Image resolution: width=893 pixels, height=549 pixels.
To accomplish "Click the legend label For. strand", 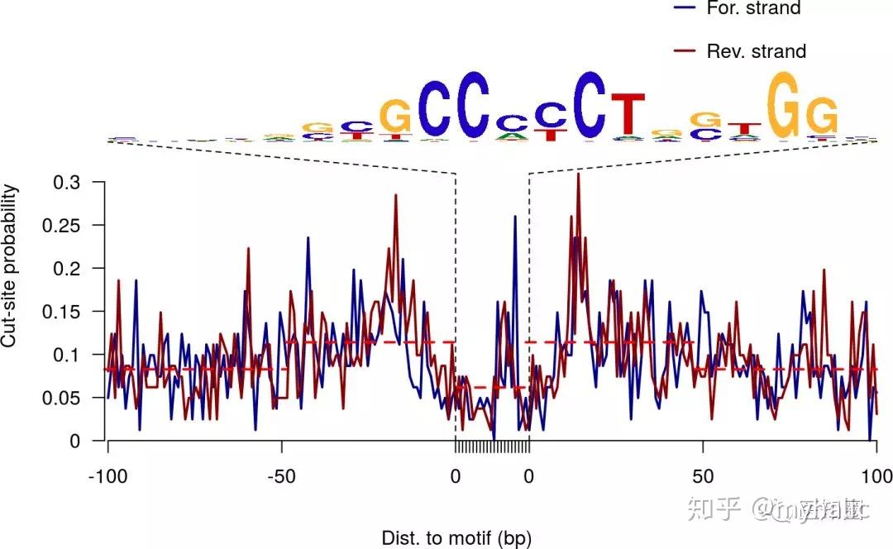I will pos(753,8).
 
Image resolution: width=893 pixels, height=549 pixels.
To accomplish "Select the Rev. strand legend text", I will pos(756,51).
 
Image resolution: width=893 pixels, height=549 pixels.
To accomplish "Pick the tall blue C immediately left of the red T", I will pos(590,105).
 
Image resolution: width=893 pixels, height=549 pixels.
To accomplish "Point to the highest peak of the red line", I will pos(578,175).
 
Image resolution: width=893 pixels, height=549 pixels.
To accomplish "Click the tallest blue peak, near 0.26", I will pos(515,217).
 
